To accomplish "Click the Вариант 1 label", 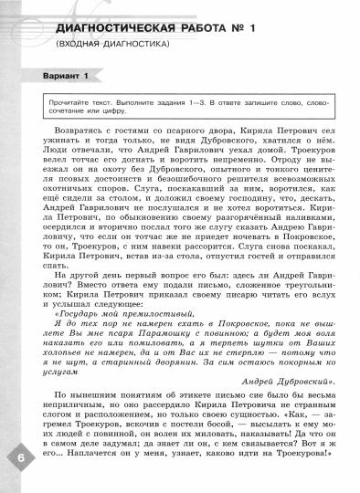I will [x=58, y=74].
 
